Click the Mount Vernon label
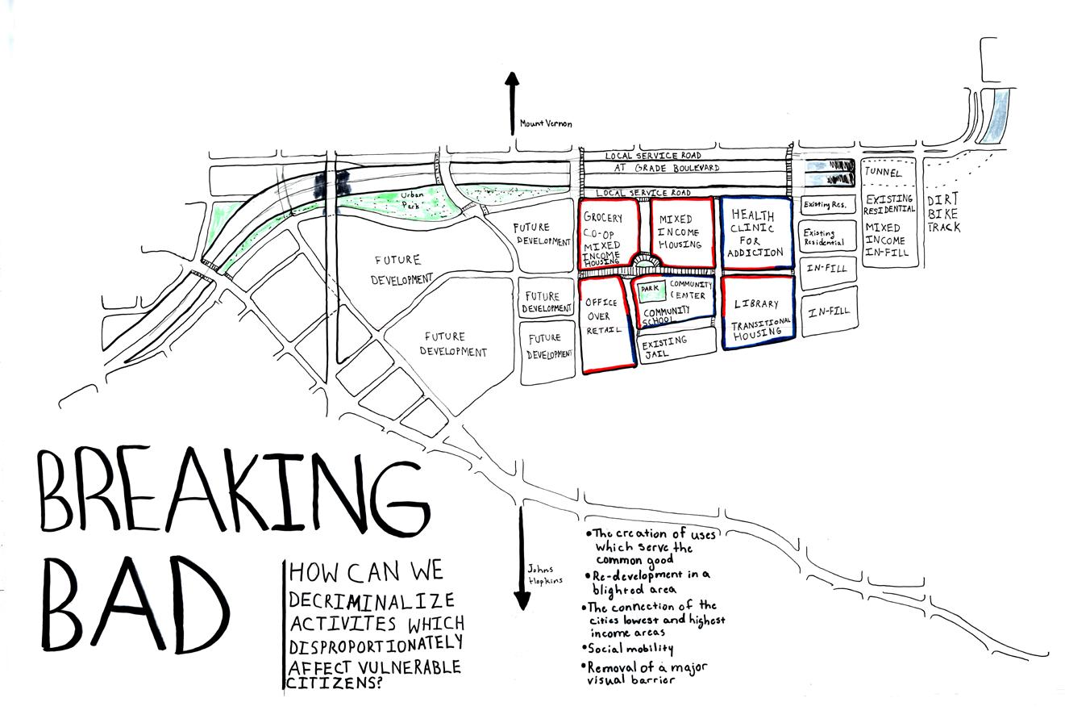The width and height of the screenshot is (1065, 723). tap(545, 123)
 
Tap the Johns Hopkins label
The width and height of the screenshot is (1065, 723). tap(545, 575)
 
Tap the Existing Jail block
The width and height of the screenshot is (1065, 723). tap(676, 345)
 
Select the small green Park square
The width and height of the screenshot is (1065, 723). tap(651, 289)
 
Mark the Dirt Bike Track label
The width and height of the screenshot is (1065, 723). tap(943, 214)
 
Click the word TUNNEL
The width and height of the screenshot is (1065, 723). tap(883, 172)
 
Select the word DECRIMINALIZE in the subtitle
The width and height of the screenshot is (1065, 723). tap(372, 600)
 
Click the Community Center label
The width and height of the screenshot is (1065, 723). tap(689, 290)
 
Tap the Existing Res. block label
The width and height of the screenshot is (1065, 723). tap(828, 205)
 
